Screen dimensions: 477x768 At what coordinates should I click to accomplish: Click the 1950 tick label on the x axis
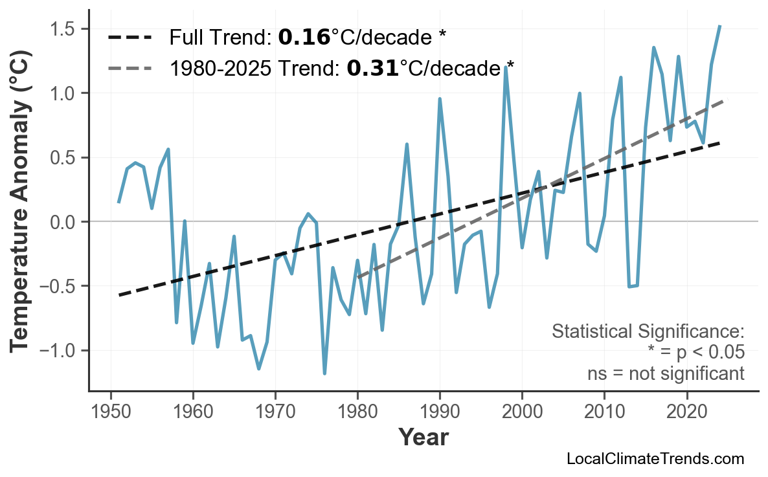111,413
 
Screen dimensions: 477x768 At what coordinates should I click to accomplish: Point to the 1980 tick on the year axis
357,413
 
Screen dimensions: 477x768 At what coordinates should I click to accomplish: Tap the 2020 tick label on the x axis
686,413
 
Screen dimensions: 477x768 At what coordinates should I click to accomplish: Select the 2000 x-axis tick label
522,413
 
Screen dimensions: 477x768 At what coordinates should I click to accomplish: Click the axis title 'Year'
423,438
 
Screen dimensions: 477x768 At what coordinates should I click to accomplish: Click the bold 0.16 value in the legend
304,38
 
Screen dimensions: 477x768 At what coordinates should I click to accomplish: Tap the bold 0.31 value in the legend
372,67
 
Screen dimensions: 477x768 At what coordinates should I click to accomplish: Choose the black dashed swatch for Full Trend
130,38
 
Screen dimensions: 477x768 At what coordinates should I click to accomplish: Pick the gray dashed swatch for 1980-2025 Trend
130,67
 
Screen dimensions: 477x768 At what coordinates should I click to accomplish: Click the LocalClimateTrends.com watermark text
655,459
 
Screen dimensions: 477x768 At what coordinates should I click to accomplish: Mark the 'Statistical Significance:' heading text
648,332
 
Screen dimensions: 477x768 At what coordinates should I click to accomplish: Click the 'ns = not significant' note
665,373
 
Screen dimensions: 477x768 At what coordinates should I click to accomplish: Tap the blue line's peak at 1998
505,67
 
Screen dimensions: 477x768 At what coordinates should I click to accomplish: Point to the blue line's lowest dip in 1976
324,373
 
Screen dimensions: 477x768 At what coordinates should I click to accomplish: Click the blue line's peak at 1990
440,99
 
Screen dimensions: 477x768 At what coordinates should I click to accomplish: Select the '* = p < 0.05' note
695,353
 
